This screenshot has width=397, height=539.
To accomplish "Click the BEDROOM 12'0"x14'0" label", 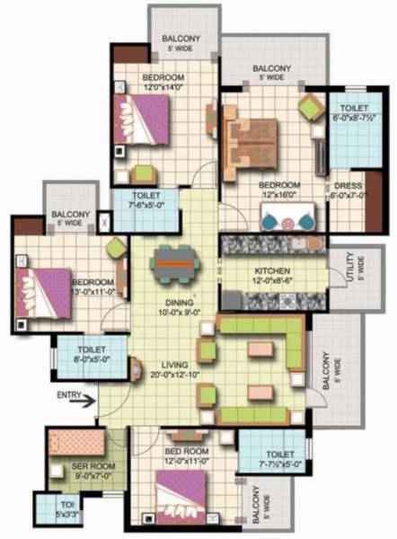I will [163, 84].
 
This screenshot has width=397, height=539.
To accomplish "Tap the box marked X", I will [103, 219].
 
